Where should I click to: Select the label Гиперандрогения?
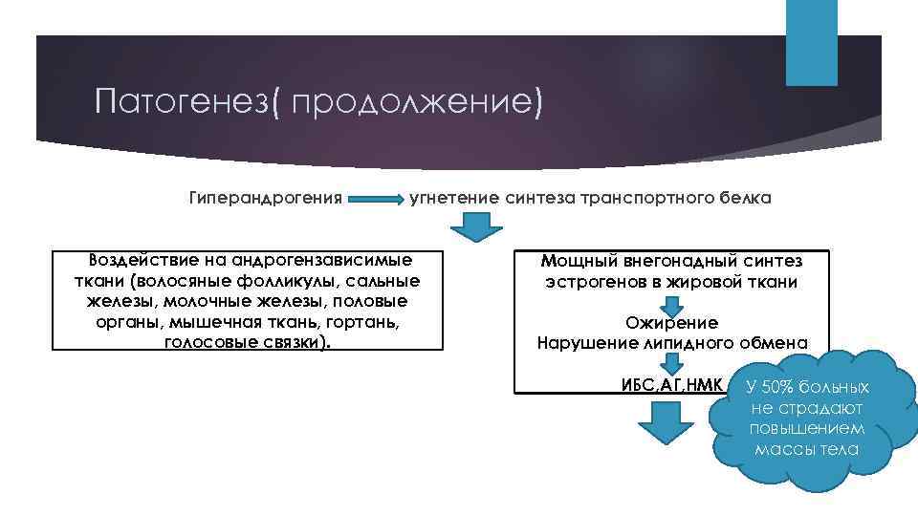coord(266,199)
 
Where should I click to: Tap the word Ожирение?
coord(671,323)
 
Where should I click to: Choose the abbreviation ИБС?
coord(638,386)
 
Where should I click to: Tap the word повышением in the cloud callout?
coord(807,428)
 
